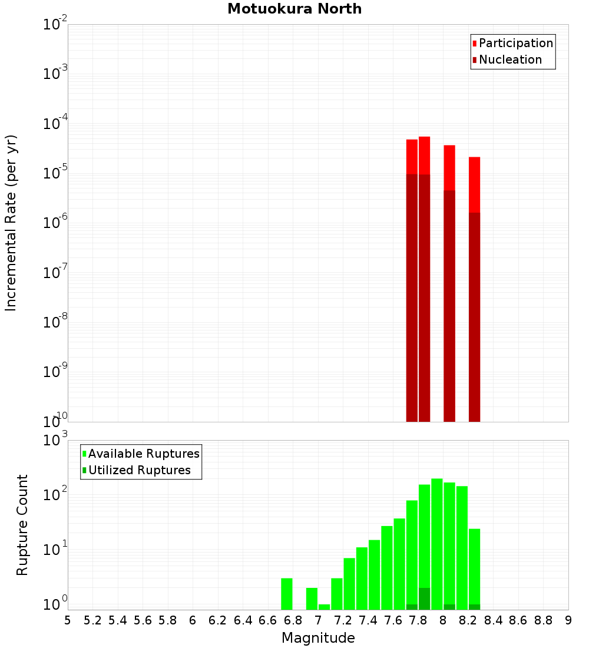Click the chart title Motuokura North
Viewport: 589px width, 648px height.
(294, 9)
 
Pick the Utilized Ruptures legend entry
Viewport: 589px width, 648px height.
(139, 470)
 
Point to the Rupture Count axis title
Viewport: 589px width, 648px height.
(22, 525)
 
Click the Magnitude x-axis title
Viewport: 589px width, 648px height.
(318, 638)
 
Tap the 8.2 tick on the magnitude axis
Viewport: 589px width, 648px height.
(468, 620)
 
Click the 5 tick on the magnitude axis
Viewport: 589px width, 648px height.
(68, 620)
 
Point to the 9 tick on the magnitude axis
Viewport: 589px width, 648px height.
(568, 620)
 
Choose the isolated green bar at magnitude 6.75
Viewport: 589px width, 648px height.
(287, 594)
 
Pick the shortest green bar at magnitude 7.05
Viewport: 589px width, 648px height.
(325, 607)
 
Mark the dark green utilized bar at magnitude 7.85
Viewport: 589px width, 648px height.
(425, 599)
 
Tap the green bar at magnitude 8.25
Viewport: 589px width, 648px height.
(475, 566)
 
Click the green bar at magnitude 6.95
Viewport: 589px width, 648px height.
(312, 599)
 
